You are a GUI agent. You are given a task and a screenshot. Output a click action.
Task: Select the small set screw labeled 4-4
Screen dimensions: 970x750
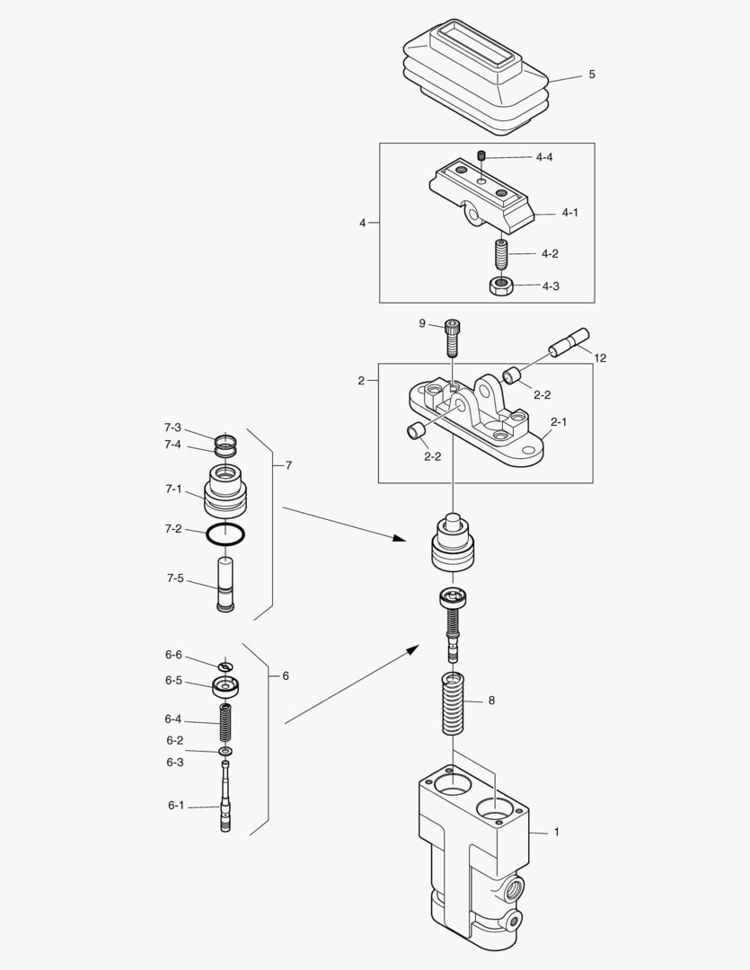coord(481,157)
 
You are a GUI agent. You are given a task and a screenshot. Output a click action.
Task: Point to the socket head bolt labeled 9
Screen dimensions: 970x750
coord(451,338)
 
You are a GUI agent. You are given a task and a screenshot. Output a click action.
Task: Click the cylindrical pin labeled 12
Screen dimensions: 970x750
coord(569,343)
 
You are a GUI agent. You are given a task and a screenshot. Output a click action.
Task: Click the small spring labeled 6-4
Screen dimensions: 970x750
coord(225,721)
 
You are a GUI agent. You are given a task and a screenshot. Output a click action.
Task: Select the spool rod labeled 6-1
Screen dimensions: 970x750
coord(225,799)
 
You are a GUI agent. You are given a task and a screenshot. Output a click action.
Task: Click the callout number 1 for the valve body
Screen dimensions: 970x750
coord(556,832)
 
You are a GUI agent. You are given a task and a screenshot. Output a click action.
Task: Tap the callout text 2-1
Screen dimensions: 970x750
coord(559,420)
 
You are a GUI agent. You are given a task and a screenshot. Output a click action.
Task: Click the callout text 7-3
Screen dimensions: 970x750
coord(172,428)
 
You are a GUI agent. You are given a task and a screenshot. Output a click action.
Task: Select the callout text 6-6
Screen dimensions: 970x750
coord(173,655)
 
